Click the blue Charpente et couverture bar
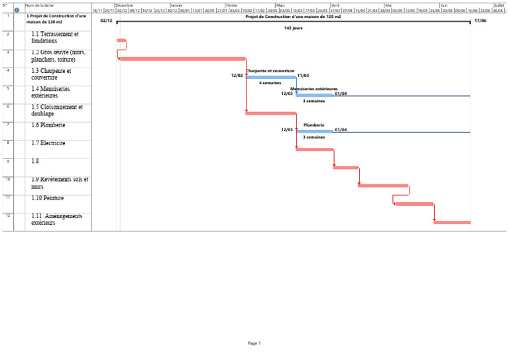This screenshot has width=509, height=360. (x=271, y=77)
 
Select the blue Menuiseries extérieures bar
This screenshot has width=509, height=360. (x=314, y=95)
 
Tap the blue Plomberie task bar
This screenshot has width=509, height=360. (x=314, y=131)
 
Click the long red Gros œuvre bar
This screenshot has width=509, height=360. (x=182, y=59)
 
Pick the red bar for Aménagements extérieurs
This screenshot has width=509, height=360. (x=452, y=222)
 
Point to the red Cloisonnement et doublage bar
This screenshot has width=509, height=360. (x=270, y=113)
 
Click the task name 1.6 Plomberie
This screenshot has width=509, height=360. (x=48, y=125)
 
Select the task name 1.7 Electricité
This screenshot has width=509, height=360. (x=48, y=143)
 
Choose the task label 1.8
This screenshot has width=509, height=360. (x=35, y=160)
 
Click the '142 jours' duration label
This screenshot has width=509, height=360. (x=293, y=29)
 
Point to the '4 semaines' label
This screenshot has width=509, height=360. (x=270, y=83)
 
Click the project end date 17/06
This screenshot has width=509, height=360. (x=481, y=21)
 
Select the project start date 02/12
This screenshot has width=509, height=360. (x=106, y=21)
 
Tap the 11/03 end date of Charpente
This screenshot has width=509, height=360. (x=303, y=76)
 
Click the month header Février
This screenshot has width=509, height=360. (x=232, y=5)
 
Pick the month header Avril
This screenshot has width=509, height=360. (x=335, y=5)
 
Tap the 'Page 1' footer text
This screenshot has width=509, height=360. (x=254, y=343)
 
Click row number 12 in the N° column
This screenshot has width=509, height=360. (x=7, y=215)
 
